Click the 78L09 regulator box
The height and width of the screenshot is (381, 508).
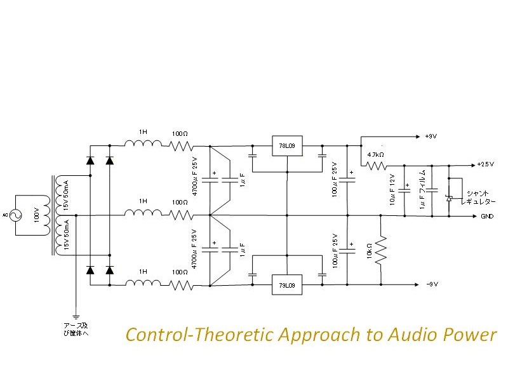(x=286, y=146)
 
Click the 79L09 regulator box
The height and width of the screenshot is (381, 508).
(x=286, y=286)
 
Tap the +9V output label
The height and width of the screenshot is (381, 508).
(x=431, y=137)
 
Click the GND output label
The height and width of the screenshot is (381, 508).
(x=486, y=216)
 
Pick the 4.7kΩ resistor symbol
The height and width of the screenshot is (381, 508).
(x=376, y=166)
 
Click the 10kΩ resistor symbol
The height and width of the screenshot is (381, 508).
(x=380, y=250)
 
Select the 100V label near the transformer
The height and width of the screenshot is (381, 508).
(x=36, y=216)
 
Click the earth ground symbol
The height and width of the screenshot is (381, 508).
(x=76, y=315)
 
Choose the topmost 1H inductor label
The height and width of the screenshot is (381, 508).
(x=144, y=132)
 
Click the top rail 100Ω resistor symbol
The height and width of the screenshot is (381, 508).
(x=181, y=146)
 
